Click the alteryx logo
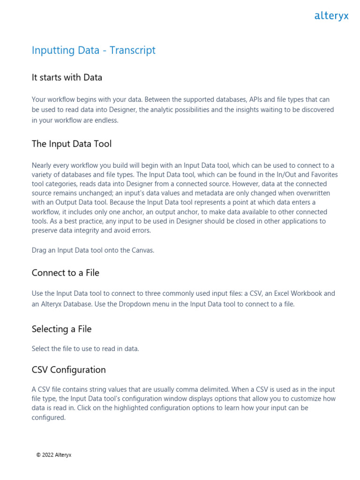coord(331,16)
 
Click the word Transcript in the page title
coord(133,50)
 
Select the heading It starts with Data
coord(67,77)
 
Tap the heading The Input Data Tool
coord(72,143)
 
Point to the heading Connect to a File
coord(66,272)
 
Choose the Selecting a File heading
coord(61,329)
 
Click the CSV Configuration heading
coord(69,369)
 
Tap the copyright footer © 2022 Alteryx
coord(54,455)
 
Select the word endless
coord(105,120)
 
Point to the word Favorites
coord(322,174)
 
